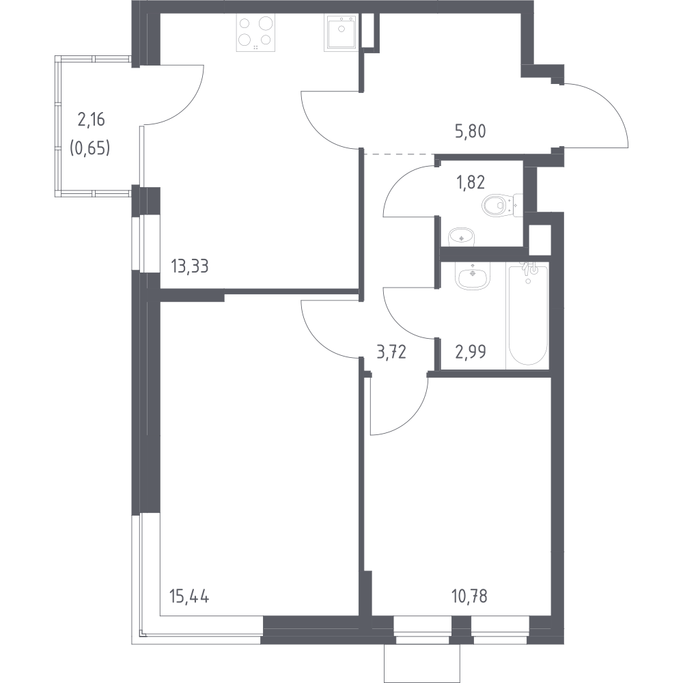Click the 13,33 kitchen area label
189,266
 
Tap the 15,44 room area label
189,596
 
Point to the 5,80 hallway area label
470,130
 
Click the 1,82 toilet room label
470,182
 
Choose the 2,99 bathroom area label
471,351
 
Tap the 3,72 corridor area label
391,351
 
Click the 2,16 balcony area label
92,120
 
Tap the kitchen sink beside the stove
341,33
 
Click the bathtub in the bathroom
527,314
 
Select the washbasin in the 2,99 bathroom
472,276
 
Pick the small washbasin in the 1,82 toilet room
461,236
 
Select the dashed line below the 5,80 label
399,154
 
